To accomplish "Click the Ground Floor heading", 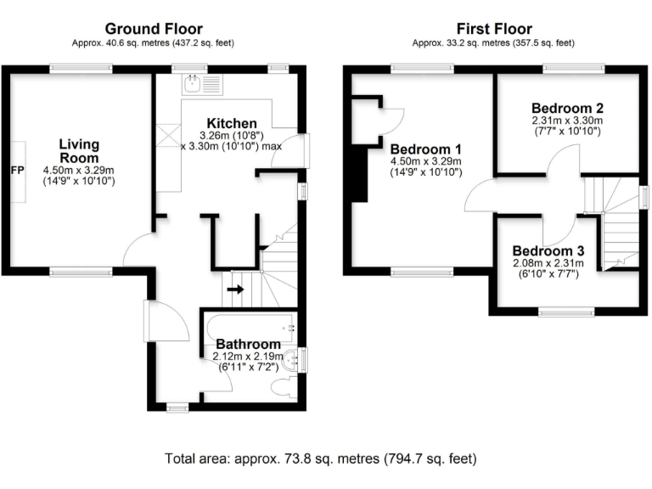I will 152,27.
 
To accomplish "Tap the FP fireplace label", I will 16,171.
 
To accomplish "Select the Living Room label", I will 79,150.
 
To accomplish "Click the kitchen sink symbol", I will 195,83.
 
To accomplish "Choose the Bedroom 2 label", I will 567,108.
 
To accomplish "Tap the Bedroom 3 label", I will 548,251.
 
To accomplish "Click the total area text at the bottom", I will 323,458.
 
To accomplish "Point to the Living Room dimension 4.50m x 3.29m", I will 79,171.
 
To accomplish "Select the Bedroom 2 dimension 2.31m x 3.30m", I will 567,121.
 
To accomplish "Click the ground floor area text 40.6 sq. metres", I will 152,42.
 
